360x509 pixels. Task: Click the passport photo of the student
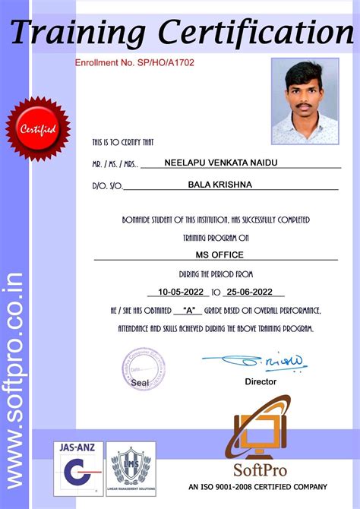click(x=305, y=101)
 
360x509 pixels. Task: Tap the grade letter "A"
click(x=187, y=310)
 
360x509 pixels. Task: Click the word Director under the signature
click(x=261, y=381)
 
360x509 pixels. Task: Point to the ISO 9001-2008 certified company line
click(x=257, y=487)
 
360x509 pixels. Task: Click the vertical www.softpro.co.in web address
click(x=14, y=380)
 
